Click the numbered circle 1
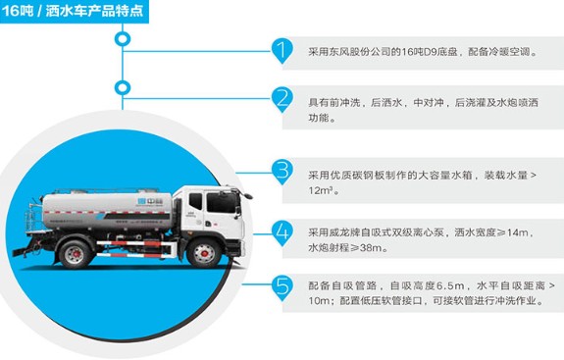coord(282,51)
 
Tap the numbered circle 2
coord(282,99)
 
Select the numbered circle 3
coord(282,171)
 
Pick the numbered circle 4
coord(282,231)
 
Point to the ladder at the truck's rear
coord(37,218)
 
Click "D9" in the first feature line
coord(455,52)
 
